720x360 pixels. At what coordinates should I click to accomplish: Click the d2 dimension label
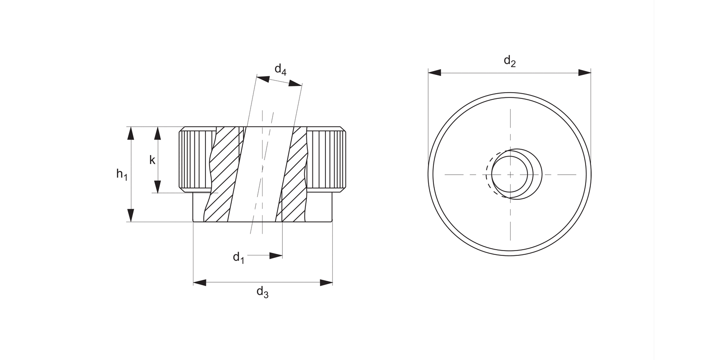pos(509,61)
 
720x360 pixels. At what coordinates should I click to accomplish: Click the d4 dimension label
pos(280,70)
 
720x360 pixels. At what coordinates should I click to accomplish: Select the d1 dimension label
pos(239,258)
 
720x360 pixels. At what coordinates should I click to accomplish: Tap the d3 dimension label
pos(262,292)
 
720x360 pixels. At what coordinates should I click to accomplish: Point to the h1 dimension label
pos(122,174)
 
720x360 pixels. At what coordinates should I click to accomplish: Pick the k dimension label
pos(152,160)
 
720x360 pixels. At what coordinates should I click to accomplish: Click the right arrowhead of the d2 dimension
pos(584,72)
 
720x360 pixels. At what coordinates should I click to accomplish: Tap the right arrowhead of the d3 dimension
pos(326,283)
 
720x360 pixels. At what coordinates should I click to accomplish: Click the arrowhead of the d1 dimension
pos(276,255)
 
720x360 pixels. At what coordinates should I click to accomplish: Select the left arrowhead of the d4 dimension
pos(263,78)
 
